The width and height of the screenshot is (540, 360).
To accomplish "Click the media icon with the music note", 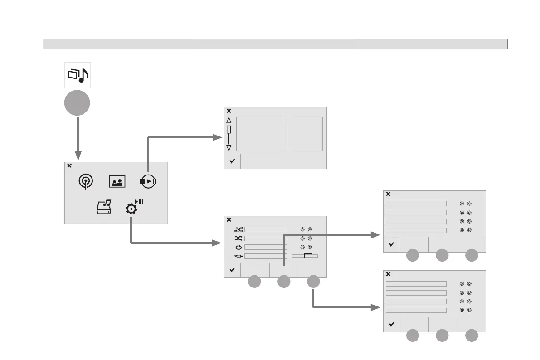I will point(77,75).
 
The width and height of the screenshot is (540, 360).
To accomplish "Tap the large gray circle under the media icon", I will point(77,103).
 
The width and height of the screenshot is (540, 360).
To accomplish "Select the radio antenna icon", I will point(85,181).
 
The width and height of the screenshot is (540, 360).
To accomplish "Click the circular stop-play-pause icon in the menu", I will point(148,181).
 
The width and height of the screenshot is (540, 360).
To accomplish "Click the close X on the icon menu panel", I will point(69,166).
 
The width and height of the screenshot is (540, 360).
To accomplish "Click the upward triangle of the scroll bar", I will point(229,120).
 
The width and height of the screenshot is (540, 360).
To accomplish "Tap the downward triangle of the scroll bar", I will point(229,148).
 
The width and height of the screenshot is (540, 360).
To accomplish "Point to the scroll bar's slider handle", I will point(229,130).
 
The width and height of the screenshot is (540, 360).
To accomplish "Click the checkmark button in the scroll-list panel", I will point(232,161).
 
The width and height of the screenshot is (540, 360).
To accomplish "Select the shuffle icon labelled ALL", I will point(239,229).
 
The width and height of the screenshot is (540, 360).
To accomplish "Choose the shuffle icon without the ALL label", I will point(239,238).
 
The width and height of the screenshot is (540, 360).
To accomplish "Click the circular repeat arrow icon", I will point(239,247).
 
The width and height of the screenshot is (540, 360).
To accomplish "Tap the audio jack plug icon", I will point(239,256).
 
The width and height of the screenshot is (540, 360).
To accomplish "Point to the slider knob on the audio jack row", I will point(308,256).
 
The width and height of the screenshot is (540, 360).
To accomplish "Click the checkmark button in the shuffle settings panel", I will point(232,270).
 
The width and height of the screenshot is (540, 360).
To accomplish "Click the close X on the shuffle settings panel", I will point(229,220).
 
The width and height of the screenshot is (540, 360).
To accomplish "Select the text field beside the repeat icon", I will point(266,247).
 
